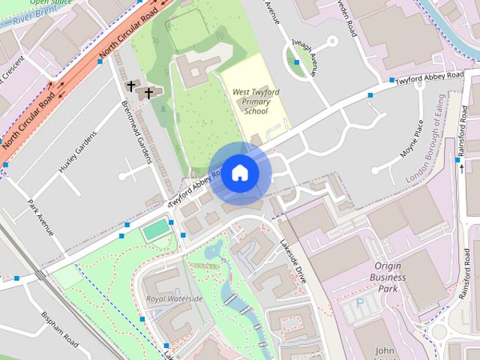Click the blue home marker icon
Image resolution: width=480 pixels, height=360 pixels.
(x=238, y=173)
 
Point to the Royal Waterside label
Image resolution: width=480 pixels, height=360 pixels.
(x=175, y=298)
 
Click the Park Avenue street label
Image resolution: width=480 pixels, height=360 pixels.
(x=40, y=217)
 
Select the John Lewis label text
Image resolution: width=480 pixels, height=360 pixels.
(x=385, y=349)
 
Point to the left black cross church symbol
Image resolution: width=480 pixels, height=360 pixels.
(x=131, y=86)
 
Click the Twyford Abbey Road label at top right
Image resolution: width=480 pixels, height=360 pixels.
(x=430, y=77)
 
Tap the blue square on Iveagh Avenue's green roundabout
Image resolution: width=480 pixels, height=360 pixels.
(x=298, y=62)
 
